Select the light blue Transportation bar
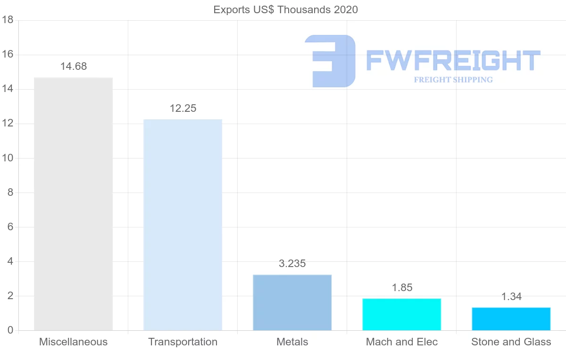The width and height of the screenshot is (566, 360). (183, 225)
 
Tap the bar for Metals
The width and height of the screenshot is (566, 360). (292, 302)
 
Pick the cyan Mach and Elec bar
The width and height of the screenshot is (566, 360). (401, 314)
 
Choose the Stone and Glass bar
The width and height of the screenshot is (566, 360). (511, 319)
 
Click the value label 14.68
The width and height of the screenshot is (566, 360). (73, 67)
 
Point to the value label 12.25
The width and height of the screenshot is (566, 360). (183, 109)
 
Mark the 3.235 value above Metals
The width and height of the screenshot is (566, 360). (292, 264)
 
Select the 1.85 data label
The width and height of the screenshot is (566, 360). (401, 288)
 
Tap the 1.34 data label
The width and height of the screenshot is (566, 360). (511, 297)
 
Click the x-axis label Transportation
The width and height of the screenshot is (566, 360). (183, 342)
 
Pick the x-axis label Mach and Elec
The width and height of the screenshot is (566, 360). (401, 342)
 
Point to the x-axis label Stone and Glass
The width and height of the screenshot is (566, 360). (511, 342)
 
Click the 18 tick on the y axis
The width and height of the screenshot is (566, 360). (7, 20)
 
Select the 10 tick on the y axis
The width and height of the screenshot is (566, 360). (7, 158)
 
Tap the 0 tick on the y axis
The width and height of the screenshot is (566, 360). (10, 330)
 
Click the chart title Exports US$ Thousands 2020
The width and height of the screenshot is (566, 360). (285, 9)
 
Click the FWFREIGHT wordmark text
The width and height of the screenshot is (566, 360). (453, 61)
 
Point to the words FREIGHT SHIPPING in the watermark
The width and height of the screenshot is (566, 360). (453, 80)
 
